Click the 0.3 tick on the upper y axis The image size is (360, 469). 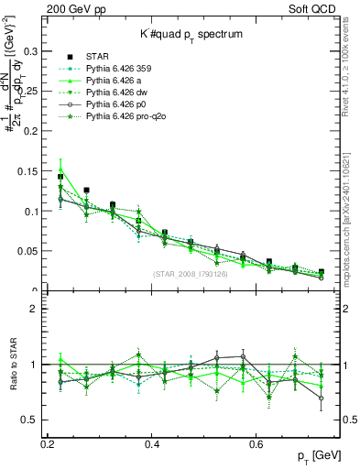click(x=35, y=51)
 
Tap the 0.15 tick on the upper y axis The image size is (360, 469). click(x=32, y=170)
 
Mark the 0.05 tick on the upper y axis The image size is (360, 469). click(x=32, y=250)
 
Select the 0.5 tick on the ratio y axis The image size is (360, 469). click(x=34, y=420)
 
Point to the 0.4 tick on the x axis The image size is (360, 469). click(x=153, y=444)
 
